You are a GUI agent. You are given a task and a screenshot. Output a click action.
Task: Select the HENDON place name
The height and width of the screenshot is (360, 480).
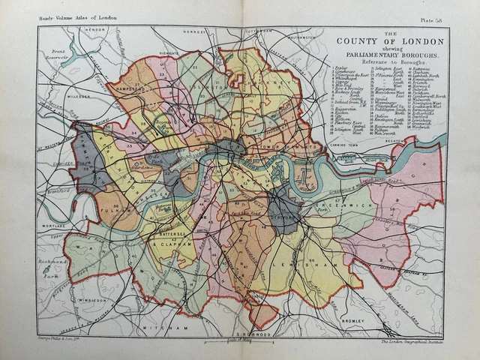click(96, 30)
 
